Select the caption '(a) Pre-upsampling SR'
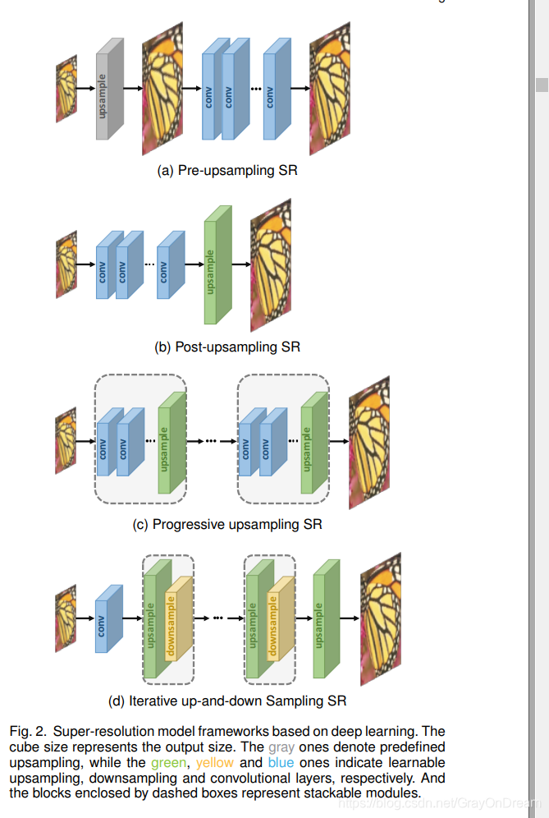(x=227, y=172)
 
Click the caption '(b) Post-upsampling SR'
(x=227, y=347)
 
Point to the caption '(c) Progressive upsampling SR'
(x=227, y=524)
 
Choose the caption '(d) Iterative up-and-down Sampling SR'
(x=227, y=701)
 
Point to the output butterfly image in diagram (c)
(x=368, y=440)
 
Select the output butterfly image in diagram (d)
(x=380, y=618)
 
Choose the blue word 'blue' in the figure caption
(x=281, y=762)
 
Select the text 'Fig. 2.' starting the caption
(x=26, y=732)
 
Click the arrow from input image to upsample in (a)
(x=85, y=88)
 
